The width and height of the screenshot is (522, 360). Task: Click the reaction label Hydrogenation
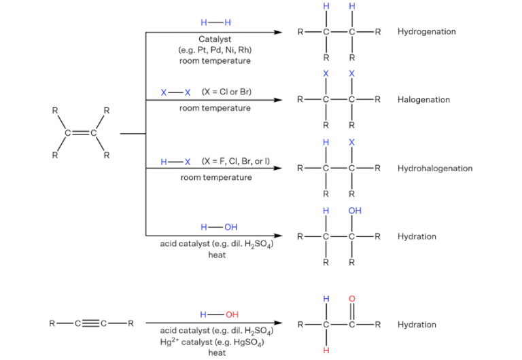coord(426,32)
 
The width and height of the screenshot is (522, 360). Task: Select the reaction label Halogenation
coord(423,100)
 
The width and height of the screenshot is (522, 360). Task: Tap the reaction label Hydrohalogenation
coord(435,168)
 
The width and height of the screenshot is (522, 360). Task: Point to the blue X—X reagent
coord(175,92)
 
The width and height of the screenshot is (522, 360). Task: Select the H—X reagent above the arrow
coord(175,161)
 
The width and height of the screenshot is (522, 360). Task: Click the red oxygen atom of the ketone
coord(351,298)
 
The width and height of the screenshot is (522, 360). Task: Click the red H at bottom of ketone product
coord(326,350)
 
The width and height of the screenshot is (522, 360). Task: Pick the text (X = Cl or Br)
coord(226,92)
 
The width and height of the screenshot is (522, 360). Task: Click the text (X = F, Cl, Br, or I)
coord(235,161)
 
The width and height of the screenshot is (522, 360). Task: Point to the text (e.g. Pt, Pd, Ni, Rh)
coord(215,50)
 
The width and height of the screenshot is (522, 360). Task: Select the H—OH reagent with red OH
coord(219,314)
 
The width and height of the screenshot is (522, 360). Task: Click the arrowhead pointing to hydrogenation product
coord(278,32)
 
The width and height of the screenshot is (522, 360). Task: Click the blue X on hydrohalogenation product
coord(351,142)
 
